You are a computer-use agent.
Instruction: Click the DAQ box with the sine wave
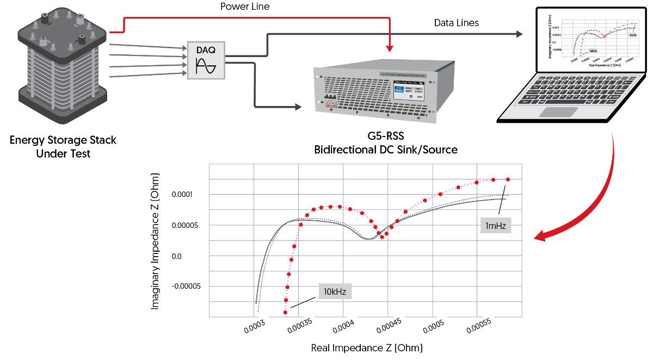[206, 60]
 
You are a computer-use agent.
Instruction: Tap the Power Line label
[244, 7]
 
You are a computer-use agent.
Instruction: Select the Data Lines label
[456, 23]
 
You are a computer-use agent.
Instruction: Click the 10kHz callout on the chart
[336, 291]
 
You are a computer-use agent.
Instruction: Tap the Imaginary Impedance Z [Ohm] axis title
[156, 242]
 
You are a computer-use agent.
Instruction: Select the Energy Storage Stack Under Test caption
[63, 147]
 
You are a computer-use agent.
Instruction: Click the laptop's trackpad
[558, 112]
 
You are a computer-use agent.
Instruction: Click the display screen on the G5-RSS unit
[408, 91]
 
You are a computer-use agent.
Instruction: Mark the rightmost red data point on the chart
[508, 179]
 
